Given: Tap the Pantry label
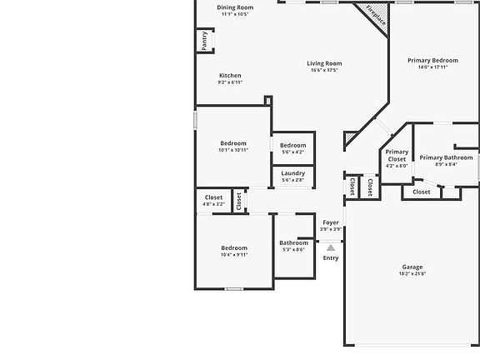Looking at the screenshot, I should click(x=205, y=41).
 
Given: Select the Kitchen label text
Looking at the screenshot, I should click(x=230, y=76).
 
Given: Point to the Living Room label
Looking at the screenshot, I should click(x=324, y=63).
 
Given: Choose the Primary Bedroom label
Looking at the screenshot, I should click(x=432, y=60).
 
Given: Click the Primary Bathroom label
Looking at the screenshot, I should click(x=446, y=157).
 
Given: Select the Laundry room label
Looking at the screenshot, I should click(x=292, y=172).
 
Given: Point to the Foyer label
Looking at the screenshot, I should click(x=331, y=222).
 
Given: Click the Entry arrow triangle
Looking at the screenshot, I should click(x=331, y=247).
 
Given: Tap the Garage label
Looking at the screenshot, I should click(x=412, y=267).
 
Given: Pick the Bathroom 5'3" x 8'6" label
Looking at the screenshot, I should click(x=293, y=243).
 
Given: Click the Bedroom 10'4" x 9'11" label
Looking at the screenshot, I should click(x=234, y=247).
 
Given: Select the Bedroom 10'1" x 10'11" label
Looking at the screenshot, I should click(x=234, y=142).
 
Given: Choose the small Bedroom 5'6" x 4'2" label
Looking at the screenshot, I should click(x=292, y=145).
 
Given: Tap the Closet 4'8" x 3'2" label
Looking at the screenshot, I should click(x=213, y=197).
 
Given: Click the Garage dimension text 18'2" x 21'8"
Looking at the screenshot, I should click(x=412, y=274).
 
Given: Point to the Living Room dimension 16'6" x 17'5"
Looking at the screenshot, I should click(x=324, y=71).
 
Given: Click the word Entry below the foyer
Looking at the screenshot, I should click(x=331, y=257).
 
